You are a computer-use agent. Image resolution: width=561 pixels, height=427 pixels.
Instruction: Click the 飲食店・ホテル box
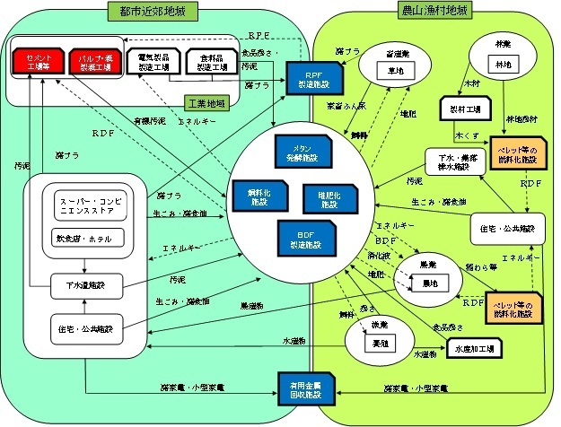click(82, 240)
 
